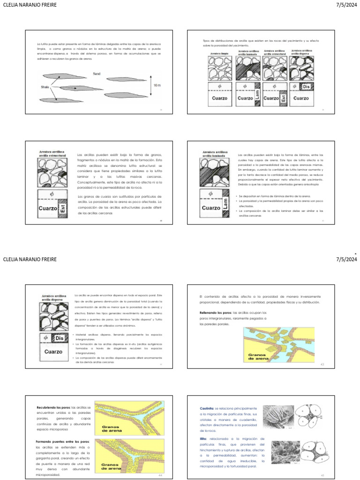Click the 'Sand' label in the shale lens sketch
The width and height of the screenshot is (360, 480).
click(x=97, y=74)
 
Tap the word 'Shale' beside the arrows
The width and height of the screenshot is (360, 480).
click(x=45, y=87)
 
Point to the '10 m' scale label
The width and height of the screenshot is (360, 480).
click(x=157, y=85)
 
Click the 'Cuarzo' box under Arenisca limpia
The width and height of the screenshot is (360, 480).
click(x=219, y=98)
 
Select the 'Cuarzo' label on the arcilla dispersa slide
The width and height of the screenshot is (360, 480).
click(x=53, y=352)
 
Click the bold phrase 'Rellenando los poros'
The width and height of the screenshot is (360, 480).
click(x=213, y=312)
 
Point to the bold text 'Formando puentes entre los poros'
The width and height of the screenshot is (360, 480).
click(x=62, y=442)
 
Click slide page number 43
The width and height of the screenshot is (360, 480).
click(x=322, y=364)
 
